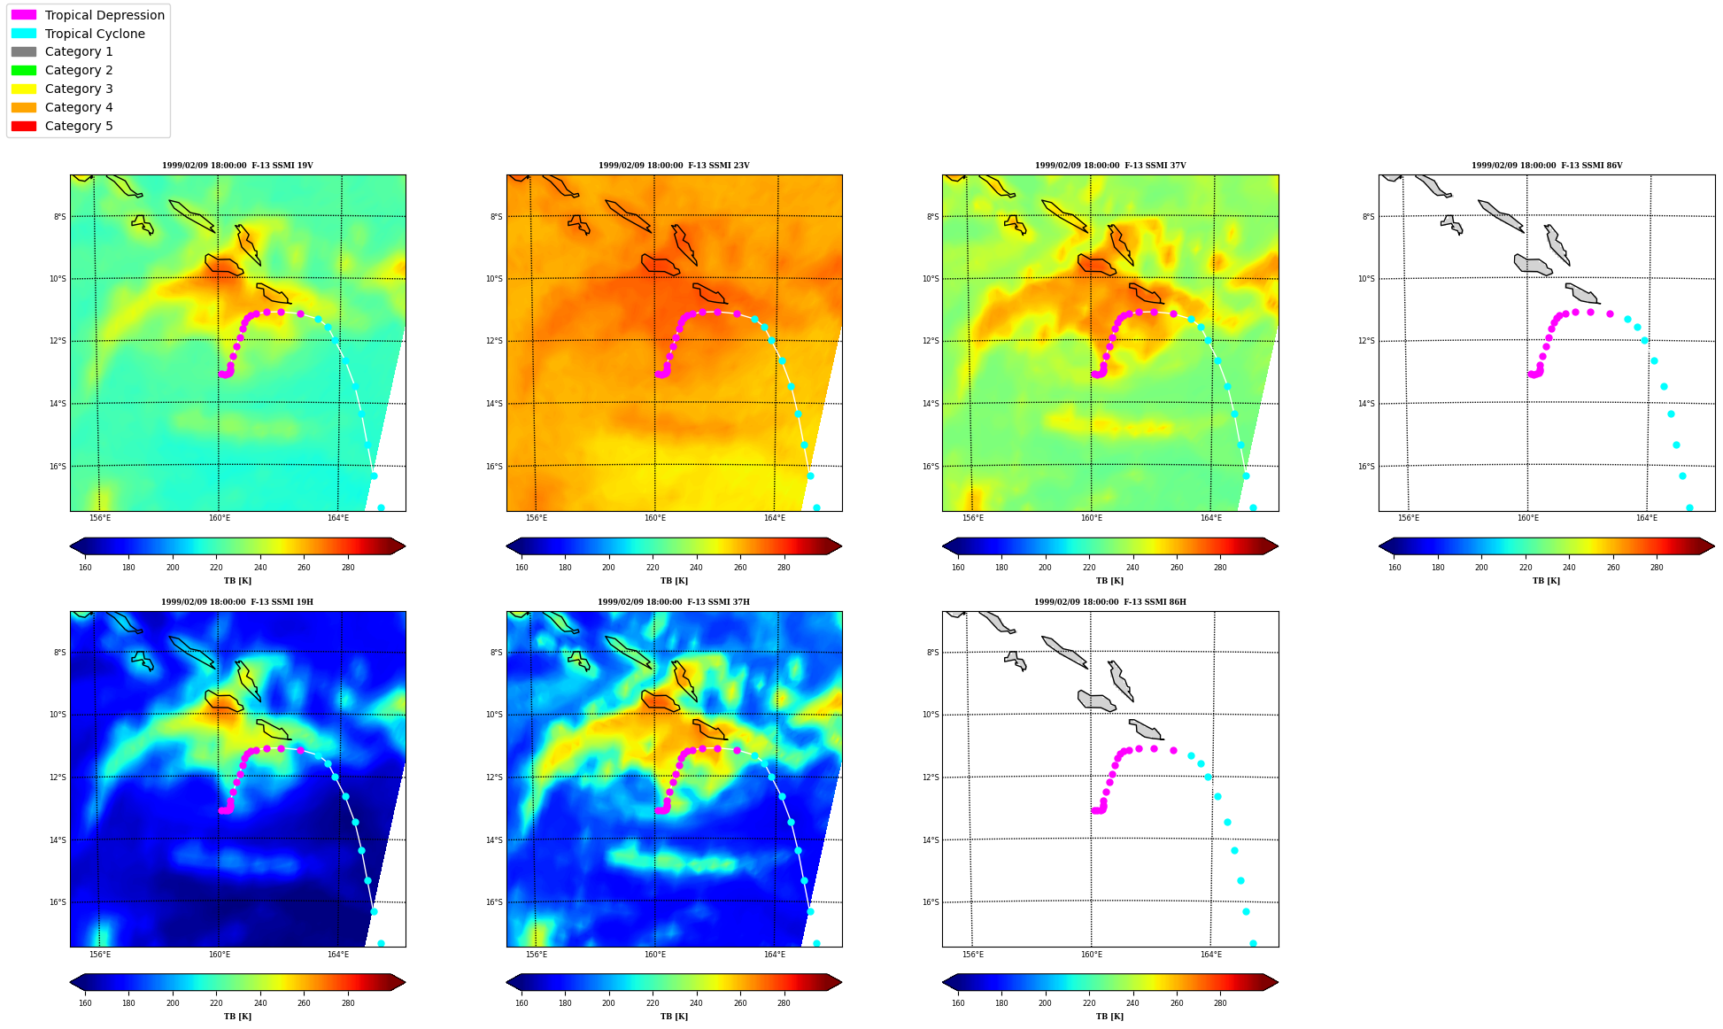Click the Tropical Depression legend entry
104,15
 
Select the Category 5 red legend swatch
24,126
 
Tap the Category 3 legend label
79,89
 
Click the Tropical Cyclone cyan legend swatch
24,34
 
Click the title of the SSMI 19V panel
237,166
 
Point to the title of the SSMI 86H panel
1109,602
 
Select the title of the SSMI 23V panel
674,166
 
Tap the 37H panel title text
673,602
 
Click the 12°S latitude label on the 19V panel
58,341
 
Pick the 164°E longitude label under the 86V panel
1646,518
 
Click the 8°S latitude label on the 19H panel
59,653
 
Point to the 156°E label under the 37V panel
972,518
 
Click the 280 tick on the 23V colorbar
784,568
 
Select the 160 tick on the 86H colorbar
958,1003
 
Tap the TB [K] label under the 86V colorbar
1546,581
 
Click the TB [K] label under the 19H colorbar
237,1017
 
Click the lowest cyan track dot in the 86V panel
1689,507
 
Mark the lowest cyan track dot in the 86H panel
1253,943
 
